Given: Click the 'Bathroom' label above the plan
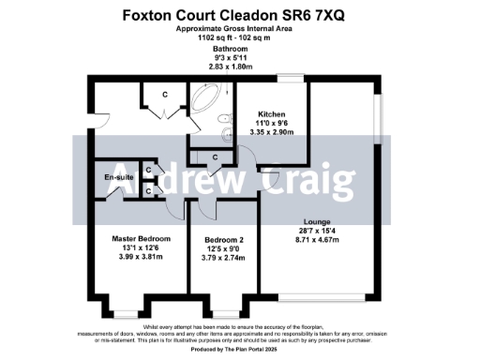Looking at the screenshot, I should pos(230,48).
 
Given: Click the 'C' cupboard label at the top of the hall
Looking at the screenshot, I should pos(165,94).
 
